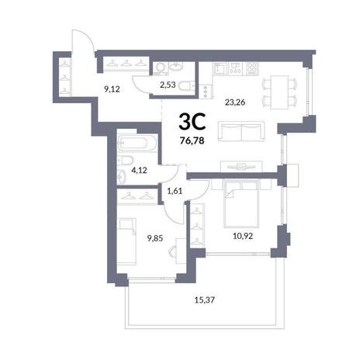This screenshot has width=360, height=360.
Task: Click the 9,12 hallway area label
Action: [x=112, y=89]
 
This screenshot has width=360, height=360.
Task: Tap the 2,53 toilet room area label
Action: [x=168, y=85]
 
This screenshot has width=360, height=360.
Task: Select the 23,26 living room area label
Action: [x=235, y=102]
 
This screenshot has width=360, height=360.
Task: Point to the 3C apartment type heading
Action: [x=192, y=122]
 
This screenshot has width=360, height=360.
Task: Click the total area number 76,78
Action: [x=193, y=140]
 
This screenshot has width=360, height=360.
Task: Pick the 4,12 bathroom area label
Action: [x=139, y=170]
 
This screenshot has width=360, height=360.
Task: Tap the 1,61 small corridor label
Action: [x=175, y=191]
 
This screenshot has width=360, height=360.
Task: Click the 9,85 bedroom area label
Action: [x=155, y=237]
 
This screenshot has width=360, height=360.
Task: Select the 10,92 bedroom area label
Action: [x=243, y=236]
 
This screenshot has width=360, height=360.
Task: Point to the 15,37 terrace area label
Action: [x=205, y=300]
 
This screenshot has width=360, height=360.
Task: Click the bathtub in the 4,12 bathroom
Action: [x=137, y=144]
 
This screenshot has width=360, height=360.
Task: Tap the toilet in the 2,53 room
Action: [x=186, y=86]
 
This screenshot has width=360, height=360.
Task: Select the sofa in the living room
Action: [x=241, y=131]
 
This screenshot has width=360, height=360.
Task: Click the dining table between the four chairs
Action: [x=279, y=92]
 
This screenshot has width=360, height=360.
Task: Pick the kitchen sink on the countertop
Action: [x=220, y=68]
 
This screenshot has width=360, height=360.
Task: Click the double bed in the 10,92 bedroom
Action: [x=241, y=204]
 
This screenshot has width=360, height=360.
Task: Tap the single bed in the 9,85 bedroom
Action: [x=127, y=241]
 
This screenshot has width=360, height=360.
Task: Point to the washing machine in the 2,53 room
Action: [x=161, y=67]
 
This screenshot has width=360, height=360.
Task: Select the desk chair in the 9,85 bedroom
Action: [x=172, y=251]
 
